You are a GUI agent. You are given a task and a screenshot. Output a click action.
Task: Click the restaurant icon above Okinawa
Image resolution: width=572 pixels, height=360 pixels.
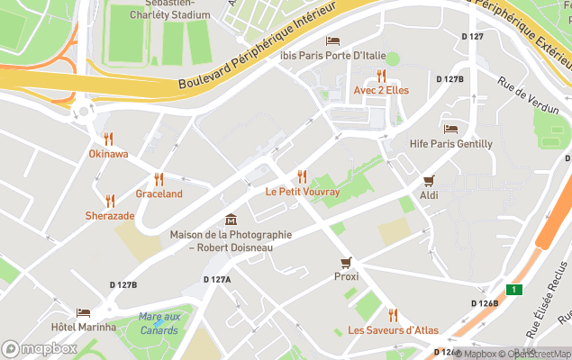[x=108, y=139]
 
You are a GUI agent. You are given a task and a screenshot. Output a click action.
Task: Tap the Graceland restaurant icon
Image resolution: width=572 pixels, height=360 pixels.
[x=159, y=178]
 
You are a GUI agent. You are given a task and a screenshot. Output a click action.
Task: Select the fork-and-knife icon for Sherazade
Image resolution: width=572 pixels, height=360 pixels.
[x=110, y=201]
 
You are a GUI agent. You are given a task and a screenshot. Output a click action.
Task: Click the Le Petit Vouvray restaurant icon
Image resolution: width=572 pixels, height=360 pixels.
[x=302, y=176]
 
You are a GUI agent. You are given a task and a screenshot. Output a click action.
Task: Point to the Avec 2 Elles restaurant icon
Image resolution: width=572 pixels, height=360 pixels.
[x=381, y=76]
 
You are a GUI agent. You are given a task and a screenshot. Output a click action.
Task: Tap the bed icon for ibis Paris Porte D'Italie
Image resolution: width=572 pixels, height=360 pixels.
[x=332, y=40]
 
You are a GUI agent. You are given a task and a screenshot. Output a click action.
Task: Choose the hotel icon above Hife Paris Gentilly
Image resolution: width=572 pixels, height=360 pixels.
[x=450, y=129]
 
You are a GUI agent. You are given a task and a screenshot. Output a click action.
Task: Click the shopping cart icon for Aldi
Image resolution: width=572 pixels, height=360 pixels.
[x=429, y=180]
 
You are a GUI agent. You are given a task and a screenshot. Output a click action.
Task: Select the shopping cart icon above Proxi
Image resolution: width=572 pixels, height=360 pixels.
[x=346, y=262]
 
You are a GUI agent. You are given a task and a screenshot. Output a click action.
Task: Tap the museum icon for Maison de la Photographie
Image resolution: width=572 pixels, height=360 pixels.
[x=231, y=220]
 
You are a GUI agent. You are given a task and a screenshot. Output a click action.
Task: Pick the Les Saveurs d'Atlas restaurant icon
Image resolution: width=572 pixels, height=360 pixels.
[x=393, y=314]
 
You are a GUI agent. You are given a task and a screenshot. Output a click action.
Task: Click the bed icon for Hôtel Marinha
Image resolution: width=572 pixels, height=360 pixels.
[x=84, y=312]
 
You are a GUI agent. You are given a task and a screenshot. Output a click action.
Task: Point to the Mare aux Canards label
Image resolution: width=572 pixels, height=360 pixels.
[x=159, y=321]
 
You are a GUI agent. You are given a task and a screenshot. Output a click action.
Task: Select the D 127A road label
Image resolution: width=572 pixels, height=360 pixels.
[x=217, y=280]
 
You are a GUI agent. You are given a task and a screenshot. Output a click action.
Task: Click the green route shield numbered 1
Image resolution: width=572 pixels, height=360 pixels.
[x=513, y=289]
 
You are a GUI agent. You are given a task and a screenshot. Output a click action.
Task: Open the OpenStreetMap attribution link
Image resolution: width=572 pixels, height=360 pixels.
[x=536, y=354]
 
